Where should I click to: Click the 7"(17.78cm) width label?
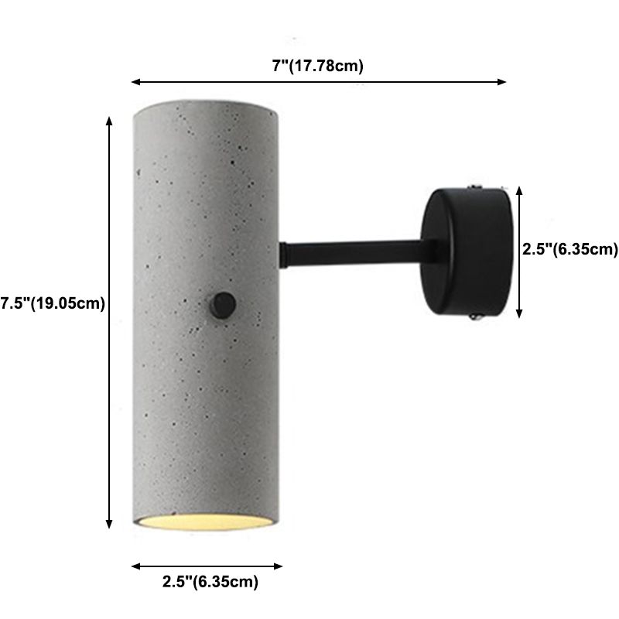point(318,66)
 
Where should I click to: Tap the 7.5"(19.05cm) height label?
point(53,303)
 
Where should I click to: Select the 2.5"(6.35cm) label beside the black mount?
point(569,249)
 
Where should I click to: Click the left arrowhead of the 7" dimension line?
point(135,81)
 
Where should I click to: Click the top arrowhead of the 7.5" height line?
point(110,121)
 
